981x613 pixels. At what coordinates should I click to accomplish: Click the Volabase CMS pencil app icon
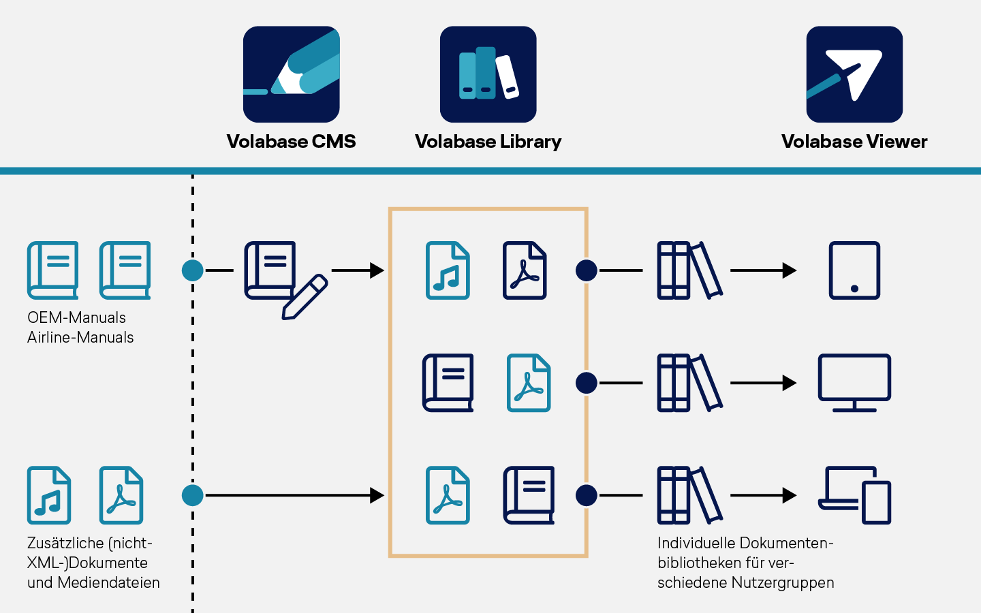pos(292,74)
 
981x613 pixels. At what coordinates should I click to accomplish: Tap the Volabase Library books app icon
pos(488,74)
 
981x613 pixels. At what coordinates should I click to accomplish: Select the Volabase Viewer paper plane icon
pos(854,74)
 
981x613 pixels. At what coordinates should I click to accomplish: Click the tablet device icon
pos(854,270)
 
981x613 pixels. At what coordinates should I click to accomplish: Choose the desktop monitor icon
pos(854,383)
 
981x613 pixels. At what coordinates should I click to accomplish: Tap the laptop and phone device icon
pos(854,495)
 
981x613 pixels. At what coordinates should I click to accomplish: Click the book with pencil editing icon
pos(285,280)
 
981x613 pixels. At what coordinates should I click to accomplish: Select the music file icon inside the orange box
pos(448,270)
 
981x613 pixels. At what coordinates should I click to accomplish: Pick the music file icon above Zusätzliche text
pos(48,495)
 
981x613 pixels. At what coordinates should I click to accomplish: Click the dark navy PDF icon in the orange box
pos(525,270)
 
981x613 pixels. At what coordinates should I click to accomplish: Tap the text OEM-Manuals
pos(76,317)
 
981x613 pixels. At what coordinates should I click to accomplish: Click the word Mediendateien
pos(108,583)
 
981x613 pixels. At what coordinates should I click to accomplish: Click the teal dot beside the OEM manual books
pos(192,270)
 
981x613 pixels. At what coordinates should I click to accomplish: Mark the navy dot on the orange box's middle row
pos(587,383)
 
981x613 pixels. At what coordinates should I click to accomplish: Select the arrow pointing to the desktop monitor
pos(763,383)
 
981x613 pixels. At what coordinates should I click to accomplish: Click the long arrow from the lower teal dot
pos(295,495)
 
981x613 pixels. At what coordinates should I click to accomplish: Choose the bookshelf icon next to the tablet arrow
pos(689,270)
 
